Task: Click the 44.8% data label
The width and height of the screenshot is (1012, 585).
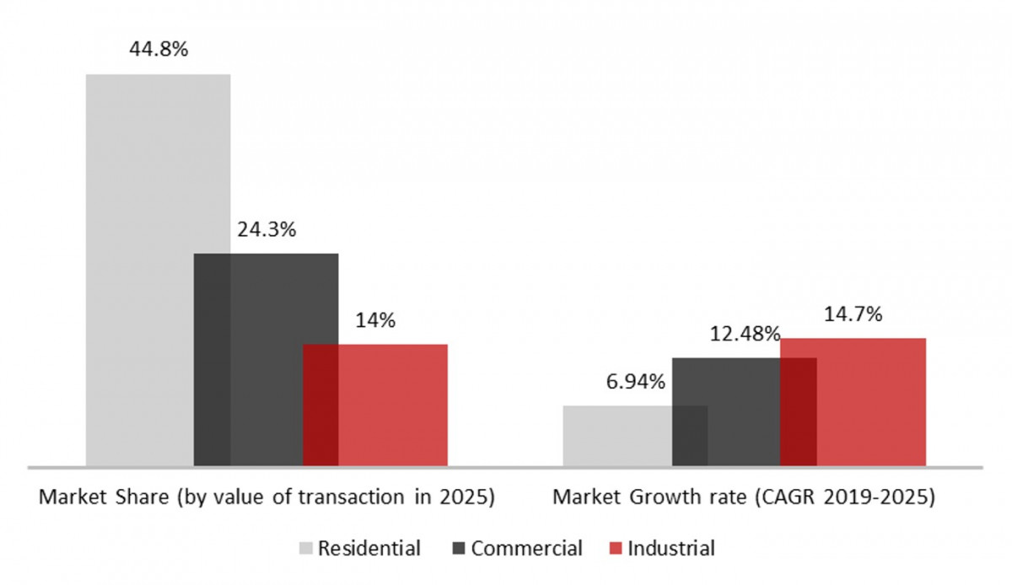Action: pos(158,48)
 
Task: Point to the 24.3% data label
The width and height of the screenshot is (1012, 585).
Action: pos(266,229)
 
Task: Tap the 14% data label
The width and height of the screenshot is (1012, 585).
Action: pos(375,320)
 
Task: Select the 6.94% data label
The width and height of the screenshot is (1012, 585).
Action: pos(635,381)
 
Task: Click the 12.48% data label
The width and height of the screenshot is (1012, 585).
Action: pos(744,334)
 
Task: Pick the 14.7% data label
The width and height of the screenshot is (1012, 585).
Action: pos(853,314)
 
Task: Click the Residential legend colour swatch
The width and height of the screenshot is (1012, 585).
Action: pos(307,549)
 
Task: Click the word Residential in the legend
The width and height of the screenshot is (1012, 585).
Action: pos(370,549)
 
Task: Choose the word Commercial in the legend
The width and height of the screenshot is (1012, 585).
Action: pos(526,549)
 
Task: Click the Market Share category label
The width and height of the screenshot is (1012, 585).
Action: pos(266,497)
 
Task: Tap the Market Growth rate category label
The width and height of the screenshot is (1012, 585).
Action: pos(743,497)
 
